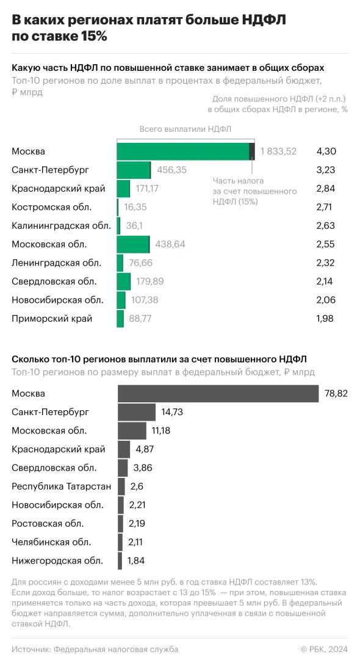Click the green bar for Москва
point(183,151)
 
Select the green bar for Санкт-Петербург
point(134,170)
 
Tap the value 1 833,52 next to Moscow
point(278,151)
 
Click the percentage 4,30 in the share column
point(326,151)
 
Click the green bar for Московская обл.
point(133,244)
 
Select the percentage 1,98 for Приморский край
point(326,319)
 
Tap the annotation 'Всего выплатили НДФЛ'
point(185,129)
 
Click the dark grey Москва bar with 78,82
point(218,394)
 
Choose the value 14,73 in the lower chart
point(172,412)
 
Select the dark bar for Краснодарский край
point(124,449)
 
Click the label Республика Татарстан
point(61,487)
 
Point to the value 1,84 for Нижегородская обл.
point(137,561)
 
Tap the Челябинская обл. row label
point(52,542)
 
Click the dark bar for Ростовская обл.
point(121,524)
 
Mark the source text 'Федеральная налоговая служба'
point(116,650)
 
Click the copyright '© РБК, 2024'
point(324,650)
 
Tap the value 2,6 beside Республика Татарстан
point(137,487)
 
